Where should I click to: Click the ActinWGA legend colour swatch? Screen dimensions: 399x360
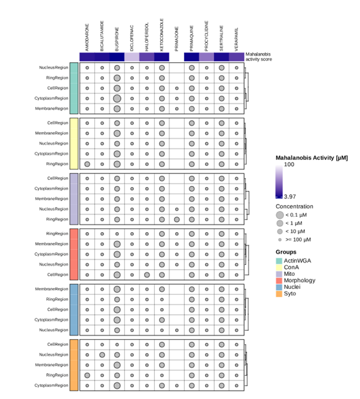tap(279, 260)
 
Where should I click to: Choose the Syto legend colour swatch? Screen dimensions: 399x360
tap(279, 293)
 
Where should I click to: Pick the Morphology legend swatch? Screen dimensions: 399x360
tap(279, 280)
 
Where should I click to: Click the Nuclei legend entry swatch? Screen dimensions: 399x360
tap(279, 287)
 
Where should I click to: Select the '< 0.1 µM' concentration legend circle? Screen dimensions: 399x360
tap(280, 215)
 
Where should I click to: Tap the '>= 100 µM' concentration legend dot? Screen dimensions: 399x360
tap(280, 239)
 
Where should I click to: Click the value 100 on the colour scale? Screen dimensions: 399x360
tap(289, 164)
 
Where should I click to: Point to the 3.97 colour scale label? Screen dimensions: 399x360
tap(289, 196)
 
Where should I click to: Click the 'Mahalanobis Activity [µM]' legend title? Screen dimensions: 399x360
tap(312, 157)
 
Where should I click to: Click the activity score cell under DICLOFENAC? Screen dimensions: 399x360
tap(132, 57)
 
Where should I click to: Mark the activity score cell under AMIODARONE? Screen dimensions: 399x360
tap(87, 57)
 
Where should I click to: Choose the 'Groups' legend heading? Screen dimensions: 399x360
tap(286, 252)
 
